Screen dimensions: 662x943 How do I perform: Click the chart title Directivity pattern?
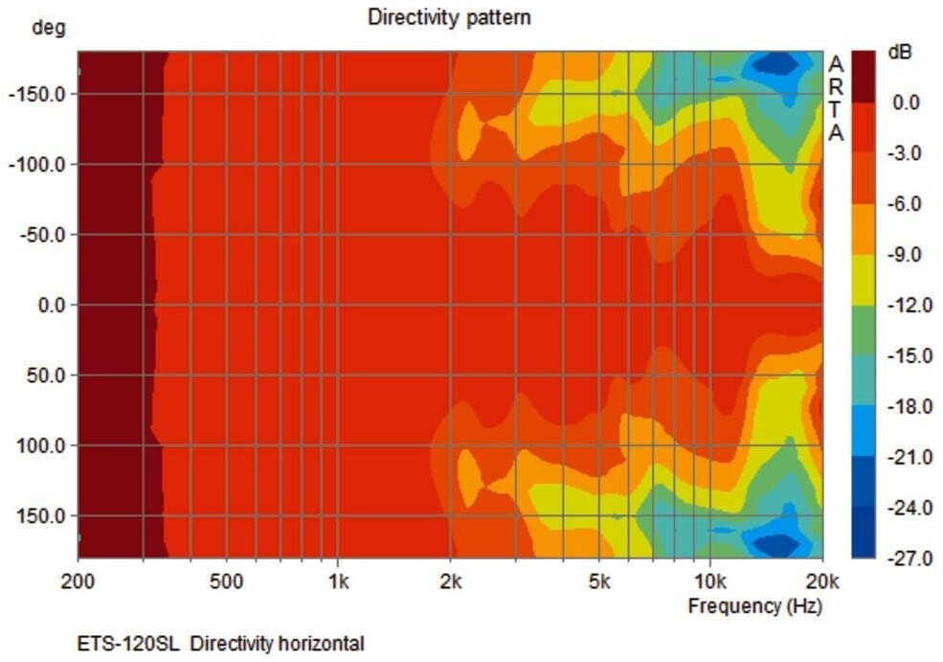449,17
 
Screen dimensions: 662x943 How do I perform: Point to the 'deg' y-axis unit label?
48,28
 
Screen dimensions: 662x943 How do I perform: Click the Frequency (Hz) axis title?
754,605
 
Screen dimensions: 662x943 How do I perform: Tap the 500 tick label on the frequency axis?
226,581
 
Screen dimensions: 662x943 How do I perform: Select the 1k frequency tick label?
337,581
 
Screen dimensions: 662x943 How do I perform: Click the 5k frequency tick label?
599,581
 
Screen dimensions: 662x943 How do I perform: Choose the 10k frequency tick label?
710,581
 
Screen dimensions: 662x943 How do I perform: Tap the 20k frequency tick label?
821,581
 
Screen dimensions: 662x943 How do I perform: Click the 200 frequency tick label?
79,581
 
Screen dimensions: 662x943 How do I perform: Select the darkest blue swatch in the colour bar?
863,533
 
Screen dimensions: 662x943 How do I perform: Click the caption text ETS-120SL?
128,644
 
